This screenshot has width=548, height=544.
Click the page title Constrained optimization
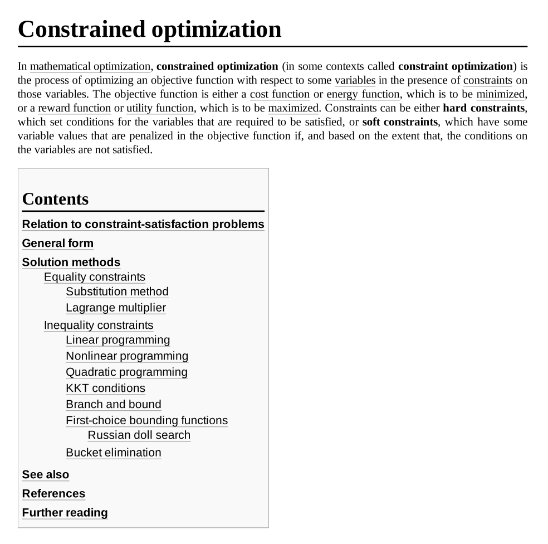pyautogui.click(x=150, y=29)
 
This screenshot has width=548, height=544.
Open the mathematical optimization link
pyautogui.click(x=90, y=67)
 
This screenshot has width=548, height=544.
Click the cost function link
pyautogui.click(x=280, y=94)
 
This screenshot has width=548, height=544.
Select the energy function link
pyautogui.click(x=363, y=94)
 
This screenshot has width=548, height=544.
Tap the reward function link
pyautogui.click(x=74, y=108)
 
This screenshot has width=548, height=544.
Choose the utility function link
pyautogui.click(x=159, y=108)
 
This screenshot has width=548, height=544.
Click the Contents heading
pyautogui.click(x=55, y=199)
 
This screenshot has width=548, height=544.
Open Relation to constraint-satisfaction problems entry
pyautogui.click(x=143, y=224)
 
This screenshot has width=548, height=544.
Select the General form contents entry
pyautogui.click(x=57, y=243)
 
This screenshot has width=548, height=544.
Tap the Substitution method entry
pyautogui.click(x=117, y=292)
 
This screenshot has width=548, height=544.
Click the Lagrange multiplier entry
pyautogui.click(x=116, y=308)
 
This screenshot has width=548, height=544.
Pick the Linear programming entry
pyautogui.click(x=118, y=340)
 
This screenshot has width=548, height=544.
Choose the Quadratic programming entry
pyautogui.click(x=126, y=372)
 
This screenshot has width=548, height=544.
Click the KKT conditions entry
pyautogui.click(x=105, y=388)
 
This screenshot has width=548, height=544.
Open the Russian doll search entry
pyautogui.click(x=139, y=435)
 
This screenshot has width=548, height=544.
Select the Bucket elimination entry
pyautogui.click(x=113, y=453)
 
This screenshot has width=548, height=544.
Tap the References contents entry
pyautogui.click(x=53, y=494)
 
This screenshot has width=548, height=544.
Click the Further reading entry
pyautogui.click(x=65, y=513)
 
